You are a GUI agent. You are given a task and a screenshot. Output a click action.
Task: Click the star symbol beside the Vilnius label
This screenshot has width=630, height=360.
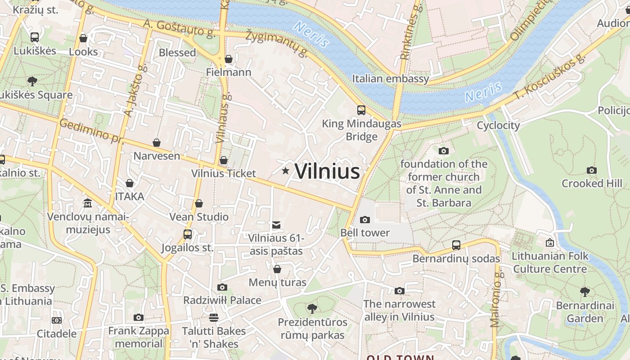pos(285,171)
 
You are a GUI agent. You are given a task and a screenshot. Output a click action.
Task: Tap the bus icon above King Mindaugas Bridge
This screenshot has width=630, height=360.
pos(361,110)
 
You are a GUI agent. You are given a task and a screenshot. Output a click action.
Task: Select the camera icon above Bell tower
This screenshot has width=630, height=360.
pos(365,220)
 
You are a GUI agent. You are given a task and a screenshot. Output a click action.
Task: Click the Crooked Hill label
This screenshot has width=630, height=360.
pos(592,184)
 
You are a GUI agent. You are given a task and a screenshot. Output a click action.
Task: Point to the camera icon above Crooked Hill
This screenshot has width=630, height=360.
pos(592,171)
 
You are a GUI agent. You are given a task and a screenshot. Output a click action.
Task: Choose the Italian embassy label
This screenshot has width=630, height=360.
pos(390,79)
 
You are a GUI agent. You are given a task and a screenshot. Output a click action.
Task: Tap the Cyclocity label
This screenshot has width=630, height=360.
pos(498,126)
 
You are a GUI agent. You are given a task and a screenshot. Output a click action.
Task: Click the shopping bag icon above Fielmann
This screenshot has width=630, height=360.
pos(229,59)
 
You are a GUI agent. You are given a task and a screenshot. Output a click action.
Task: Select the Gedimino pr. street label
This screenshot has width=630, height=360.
pos(91,131)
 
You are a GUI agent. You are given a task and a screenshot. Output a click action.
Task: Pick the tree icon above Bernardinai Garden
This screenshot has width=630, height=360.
pos(585,292)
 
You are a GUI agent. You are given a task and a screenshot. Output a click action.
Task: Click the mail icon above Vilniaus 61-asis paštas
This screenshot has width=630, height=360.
pos(276,225)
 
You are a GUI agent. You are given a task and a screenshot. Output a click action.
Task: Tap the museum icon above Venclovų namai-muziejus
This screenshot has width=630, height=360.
pos(88,203)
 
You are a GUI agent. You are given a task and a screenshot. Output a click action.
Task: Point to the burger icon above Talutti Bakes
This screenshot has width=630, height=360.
pos(214,318)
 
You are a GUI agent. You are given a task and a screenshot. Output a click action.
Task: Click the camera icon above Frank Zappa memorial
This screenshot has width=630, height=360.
pos(139,318)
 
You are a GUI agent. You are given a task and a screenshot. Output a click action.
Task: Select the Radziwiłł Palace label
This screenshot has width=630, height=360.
pos(222,300)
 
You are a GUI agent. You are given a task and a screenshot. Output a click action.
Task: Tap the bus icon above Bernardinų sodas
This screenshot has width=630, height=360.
pos(456,245)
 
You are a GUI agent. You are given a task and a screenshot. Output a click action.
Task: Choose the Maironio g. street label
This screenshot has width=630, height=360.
pos(495,299)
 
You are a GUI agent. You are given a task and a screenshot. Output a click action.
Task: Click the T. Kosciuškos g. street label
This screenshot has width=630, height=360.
pos(549,79)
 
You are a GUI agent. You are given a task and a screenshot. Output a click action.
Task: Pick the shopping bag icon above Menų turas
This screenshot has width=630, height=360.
pos(277,269)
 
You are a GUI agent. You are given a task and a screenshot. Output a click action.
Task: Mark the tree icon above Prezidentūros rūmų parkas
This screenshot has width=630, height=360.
pos(312,309)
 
